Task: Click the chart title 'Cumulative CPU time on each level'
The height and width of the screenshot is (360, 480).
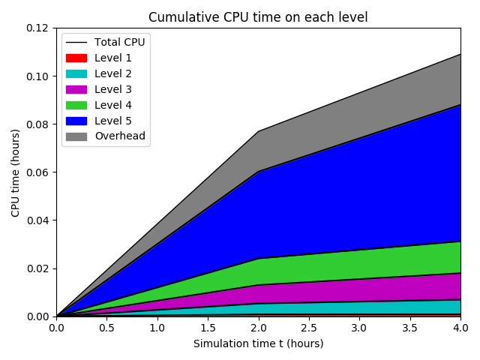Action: (258, 17)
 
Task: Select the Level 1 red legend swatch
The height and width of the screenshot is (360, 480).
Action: (76, 58)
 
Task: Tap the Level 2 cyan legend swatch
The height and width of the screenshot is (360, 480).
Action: (76, 73)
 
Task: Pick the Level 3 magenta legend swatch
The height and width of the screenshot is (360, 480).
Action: (76, 89)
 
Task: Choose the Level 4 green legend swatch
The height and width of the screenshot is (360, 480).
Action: (76, 105)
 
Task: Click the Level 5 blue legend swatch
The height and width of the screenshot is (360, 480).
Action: (76, 121)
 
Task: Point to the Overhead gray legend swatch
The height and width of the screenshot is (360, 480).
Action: (76, 136)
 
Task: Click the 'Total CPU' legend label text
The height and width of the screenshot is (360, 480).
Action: (119, 42)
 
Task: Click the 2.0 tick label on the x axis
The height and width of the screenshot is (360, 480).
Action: (258, 328)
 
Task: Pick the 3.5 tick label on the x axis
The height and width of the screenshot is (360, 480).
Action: (409, 328)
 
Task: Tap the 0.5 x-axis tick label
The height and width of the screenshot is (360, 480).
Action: (106, 328)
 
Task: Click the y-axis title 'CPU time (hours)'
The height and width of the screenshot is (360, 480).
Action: (15, 172)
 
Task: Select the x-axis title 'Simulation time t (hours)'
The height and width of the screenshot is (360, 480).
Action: (258, 343)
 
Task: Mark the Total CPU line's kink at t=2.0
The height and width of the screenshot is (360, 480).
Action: (258, 131)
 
